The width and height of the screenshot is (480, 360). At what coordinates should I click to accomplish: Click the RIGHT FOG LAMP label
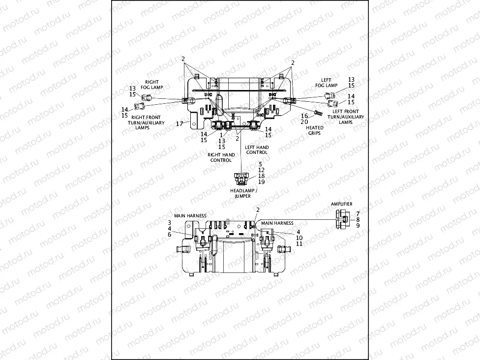[x=152, y=84]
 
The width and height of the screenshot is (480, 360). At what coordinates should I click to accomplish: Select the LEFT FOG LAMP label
[x=326, y=83]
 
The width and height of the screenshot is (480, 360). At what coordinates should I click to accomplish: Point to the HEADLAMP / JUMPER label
[x=240, y=193]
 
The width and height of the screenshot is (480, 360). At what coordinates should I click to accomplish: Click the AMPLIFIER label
[x=342, y=204]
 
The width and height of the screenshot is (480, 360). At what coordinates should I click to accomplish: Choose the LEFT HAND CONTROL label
[x=257, y=150]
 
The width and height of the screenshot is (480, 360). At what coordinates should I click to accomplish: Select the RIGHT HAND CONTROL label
[x=221, y=157]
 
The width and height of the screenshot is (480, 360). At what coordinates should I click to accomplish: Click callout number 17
[x=180, y=123]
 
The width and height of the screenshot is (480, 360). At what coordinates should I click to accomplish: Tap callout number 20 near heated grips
[x=304, y=121]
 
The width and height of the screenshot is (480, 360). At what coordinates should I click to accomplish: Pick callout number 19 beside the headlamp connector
[x=261, y=182]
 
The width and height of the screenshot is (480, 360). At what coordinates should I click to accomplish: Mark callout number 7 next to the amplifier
[x=358, y=213]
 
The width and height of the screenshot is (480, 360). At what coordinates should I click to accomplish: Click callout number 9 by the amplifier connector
[x=358, y=225]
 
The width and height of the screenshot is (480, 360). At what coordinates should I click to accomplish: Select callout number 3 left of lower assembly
[x=169, y=223]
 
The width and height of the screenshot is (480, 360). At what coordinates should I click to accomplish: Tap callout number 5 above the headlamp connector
[x=261, y=164]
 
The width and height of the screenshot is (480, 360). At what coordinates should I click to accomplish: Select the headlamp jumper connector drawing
[x=240, y=178]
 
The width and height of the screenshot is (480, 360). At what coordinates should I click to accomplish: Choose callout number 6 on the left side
[x=169, y=235]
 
